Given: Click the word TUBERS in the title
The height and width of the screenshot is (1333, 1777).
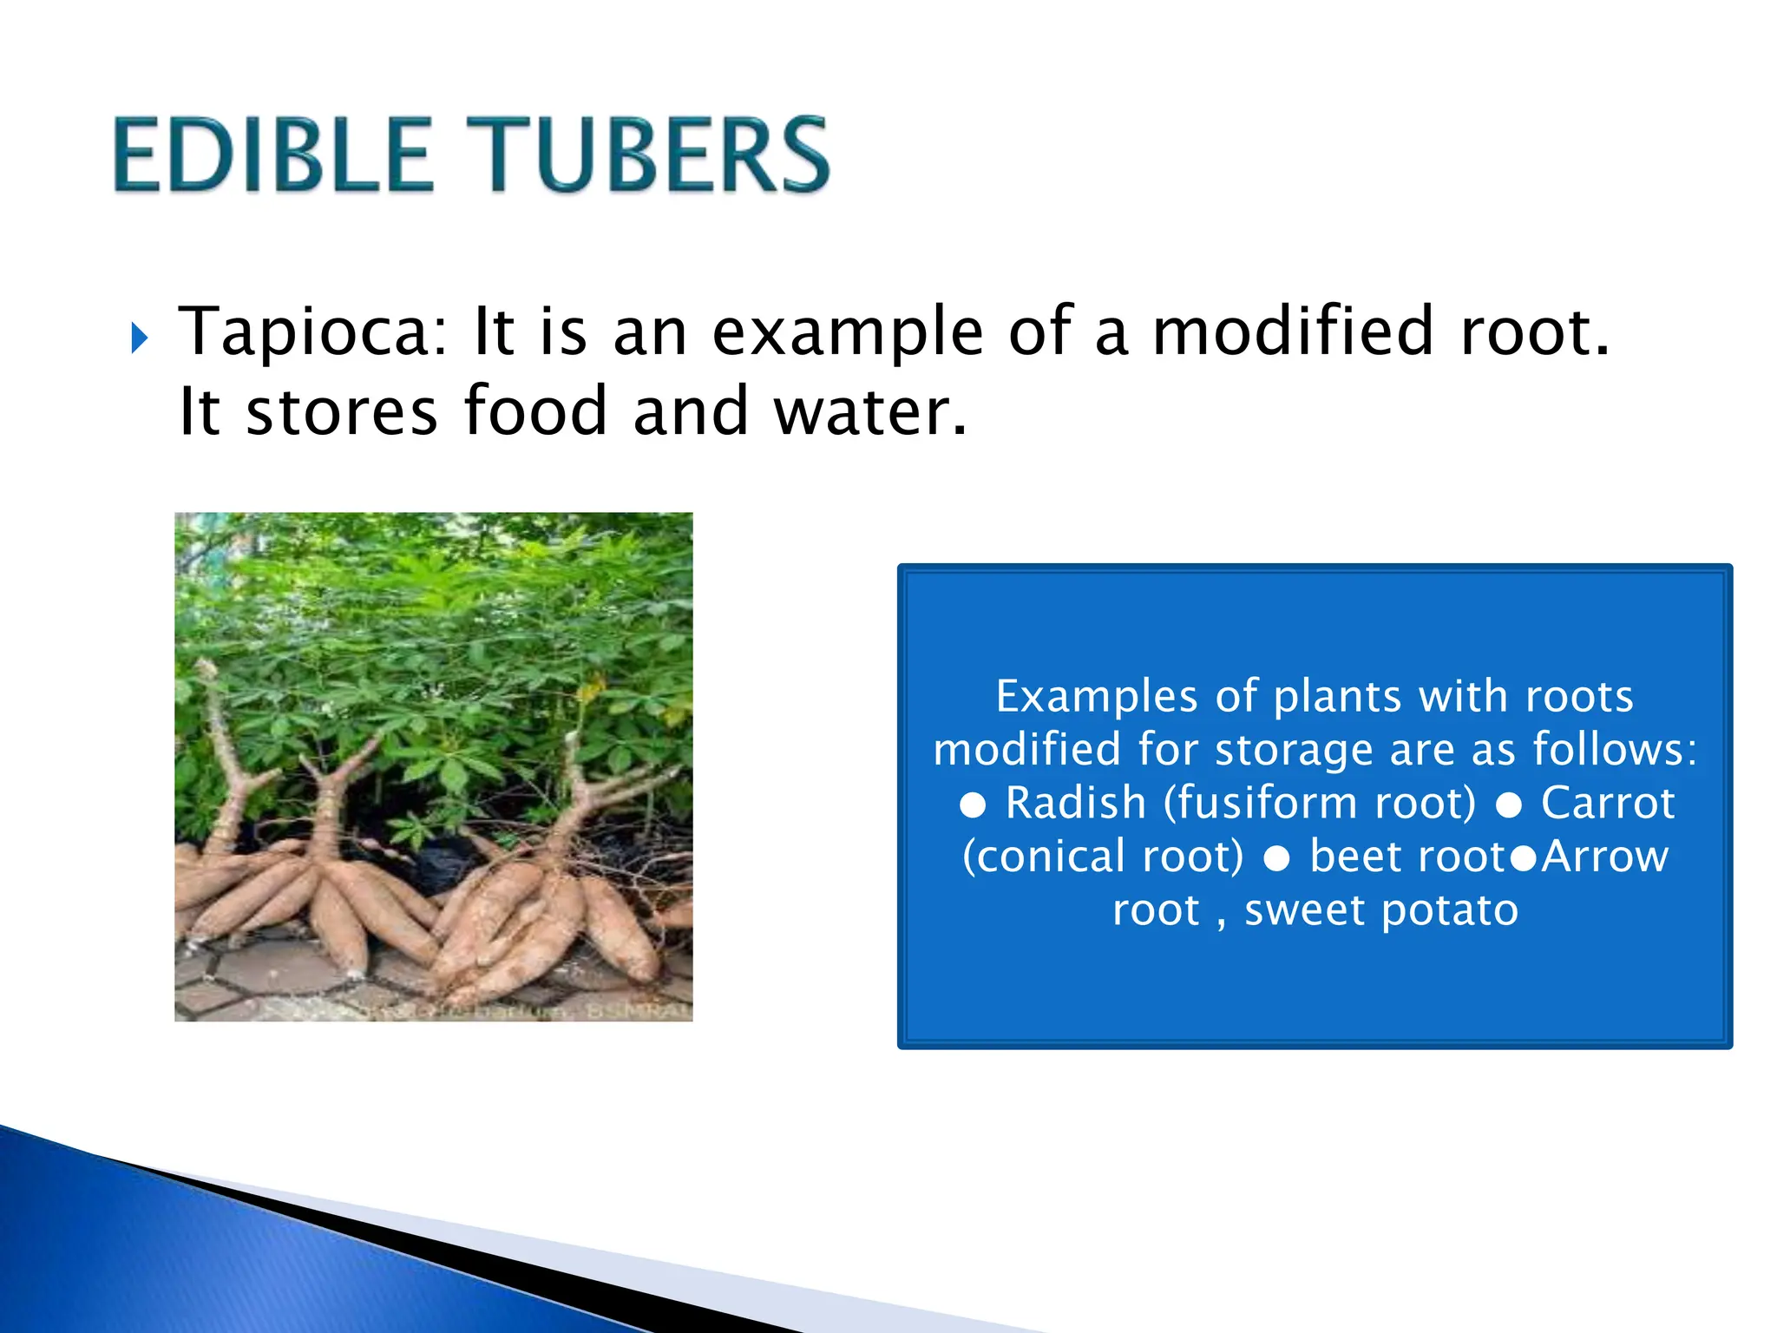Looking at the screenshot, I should pyautogui.click(x=648, y=156).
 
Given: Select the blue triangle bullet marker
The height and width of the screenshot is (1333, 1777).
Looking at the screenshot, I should pyautogui.click(x=140, y=338).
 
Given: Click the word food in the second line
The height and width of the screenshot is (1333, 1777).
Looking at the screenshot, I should pyautogui.click(x=535, y=411).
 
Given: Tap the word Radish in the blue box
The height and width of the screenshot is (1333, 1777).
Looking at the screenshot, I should pyautogui.click(x=1076, y=803).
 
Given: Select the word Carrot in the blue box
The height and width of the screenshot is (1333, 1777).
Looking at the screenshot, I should pyautogui.click(x=1608, y=803).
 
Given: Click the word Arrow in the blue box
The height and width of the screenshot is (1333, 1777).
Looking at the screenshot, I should pyautogui.click(x=1605, y=857).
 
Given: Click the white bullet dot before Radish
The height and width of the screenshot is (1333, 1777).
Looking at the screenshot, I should pyautogui.click(x=973, y=806).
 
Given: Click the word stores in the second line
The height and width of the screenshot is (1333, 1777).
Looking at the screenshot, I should pyautogui.click(x=342, y=411).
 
